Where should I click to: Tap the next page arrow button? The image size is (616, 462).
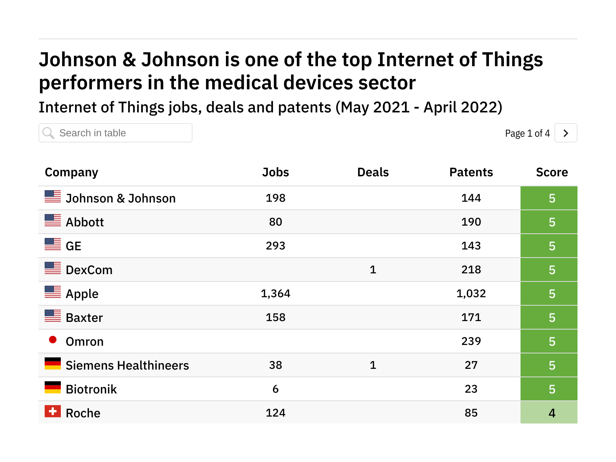566,133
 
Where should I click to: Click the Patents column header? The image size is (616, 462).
471,172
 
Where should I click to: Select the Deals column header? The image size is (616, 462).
373,172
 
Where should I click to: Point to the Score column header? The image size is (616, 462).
552,172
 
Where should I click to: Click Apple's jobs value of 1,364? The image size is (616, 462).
275,293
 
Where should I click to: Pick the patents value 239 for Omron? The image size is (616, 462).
471,341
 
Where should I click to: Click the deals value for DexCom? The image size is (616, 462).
373,269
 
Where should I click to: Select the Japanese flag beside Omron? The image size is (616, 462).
53,340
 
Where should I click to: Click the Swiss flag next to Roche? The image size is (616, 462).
53,411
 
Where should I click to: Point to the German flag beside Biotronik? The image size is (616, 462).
53,387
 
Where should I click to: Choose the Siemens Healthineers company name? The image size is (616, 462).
127,365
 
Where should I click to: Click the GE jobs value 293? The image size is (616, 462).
275,246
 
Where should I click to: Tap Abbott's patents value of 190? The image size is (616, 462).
471,222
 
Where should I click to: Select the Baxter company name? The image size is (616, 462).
84,318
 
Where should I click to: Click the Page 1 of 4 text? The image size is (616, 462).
527,133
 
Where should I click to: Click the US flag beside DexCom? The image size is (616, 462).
53,268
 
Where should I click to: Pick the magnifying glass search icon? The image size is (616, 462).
49,133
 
